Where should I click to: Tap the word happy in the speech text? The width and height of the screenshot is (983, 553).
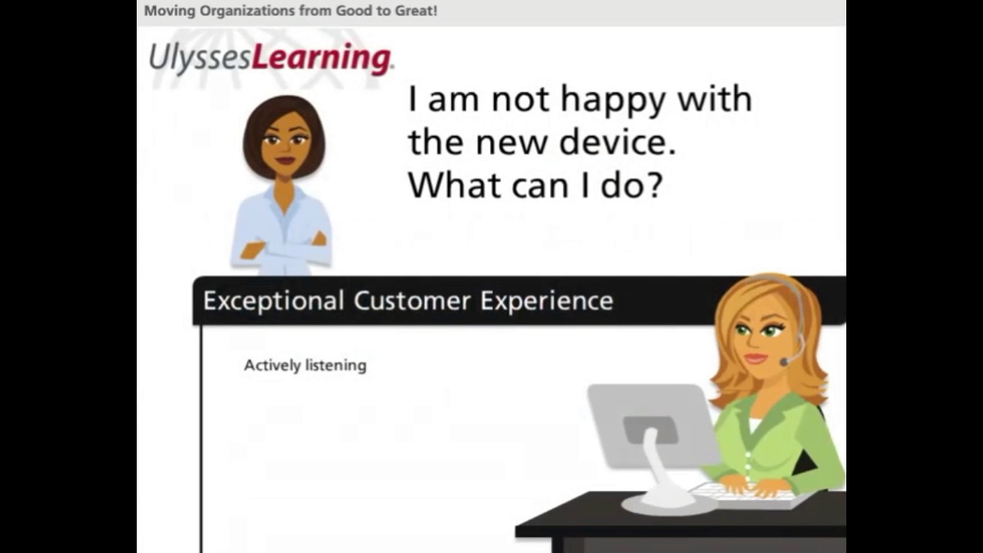click(x=611, y=101)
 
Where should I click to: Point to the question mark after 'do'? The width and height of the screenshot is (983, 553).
click(x=654, y=185)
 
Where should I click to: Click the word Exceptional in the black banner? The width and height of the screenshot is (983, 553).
click(x=273, y=301)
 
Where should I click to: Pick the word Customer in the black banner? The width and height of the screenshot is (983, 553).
click(x=412, y=301)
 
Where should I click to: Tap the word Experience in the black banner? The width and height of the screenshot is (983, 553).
click(x=547, y=301)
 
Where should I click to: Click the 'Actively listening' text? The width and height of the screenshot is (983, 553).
click(x=305, y=366)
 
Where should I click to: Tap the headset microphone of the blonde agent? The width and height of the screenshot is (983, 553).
click(x=785, y=361)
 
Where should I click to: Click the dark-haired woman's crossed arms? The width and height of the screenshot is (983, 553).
click(x=283, y=247)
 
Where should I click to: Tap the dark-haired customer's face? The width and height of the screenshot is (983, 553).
click(x=285, y=143)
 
